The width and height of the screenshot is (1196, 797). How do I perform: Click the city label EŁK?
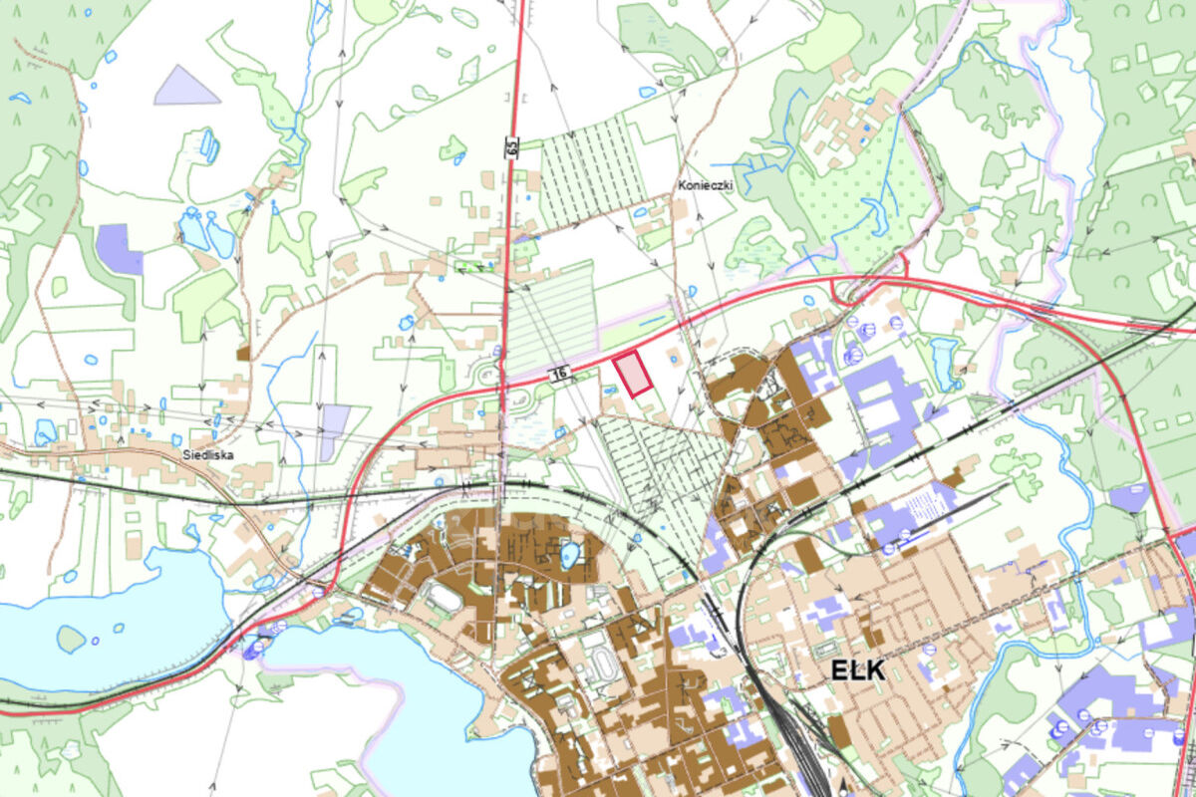click(857, 669)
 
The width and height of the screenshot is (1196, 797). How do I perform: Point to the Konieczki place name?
click(705, 185)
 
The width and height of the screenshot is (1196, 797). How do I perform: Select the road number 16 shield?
click(560, 374)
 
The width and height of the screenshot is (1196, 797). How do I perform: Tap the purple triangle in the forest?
click(184, 89)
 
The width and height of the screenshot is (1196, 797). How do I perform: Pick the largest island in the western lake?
click(71, 638)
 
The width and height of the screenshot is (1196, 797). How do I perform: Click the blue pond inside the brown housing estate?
click(569, 554)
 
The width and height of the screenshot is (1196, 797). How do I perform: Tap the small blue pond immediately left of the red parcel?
click(607, 376)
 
